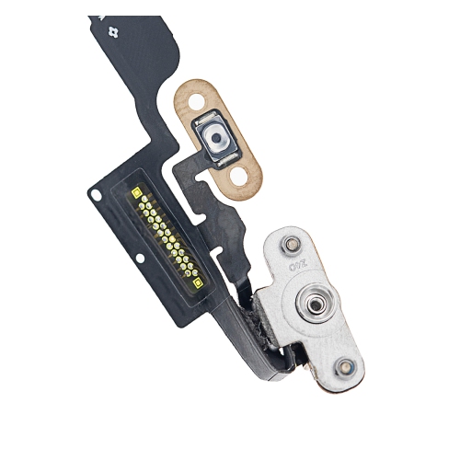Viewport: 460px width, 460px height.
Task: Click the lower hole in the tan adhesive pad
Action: [x=242, y=174]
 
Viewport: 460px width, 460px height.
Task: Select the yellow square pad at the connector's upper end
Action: [x=135, y=193]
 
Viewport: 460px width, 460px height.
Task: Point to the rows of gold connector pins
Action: [x=166, y=236]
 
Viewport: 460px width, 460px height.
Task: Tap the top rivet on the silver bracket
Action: [x=292, y=245]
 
